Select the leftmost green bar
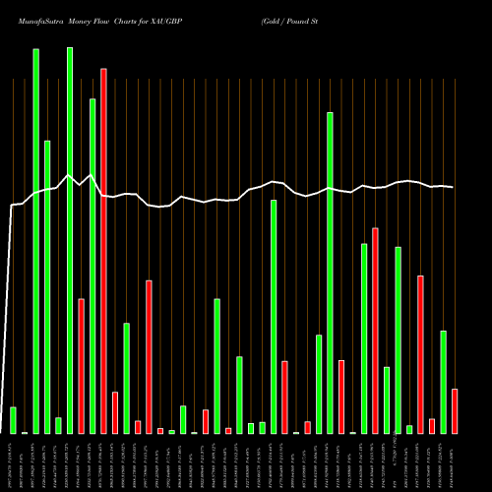tap(13, 420)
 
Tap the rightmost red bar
tap(455, 411)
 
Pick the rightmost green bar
tap(443, 382)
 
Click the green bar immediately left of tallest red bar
tap(92, 266)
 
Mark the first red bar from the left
tap(81, 366)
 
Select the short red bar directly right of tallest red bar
tap(115, 412)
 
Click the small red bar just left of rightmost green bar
tap(432, 426)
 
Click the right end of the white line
tap(454, 187)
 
